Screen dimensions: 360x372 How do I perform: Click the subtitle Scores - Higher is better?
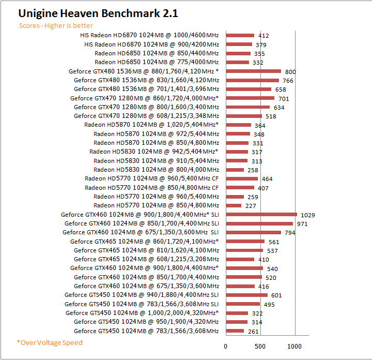[x=56, y=25]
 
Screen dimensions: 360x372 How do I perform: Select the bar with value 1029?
[x=261, y=214]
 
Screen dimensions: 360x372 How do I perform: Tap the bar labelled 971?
[x=259, y=223]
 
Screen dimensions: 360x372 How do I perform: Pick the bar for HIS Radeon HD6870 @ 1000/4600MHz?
[x=240, y=35]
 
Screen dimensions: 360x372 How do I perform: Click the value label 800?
[x=290, y=72]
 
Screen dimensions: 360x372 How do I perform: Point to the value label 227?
[x=251, y=206]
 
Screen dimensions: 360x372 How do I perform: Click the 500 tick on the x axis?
[x=260, y=347]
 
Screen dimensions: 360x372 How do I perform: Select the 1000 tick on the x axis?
[x=295, y=347]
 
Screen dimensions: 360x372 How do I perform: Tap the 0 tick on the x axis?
[x=226, y=347]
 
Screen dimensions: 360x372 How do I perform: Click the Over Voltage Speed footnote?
[x=50, y=342]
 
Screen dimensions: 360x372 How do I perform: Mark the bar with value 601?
[x=246, y=295]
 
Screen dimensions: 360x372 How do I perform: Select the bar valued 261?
[x=235, y=331]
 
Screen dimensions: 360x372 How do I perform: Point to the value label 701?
[x=284, y=98]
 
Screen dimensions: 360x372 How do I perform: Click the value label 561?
[x=274, y=242]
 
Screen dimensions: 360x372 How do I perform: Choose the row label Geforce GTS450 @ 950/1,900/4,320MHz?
[x=146, y=322]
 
